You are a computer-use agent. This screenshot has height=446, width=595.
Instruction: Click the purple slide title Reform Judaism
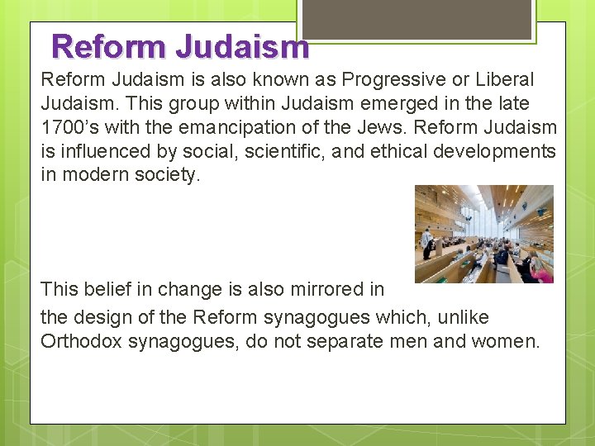click(179, 46)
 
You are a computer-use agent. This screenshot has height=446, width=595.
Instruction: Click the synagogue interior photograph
click(483, 235)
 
